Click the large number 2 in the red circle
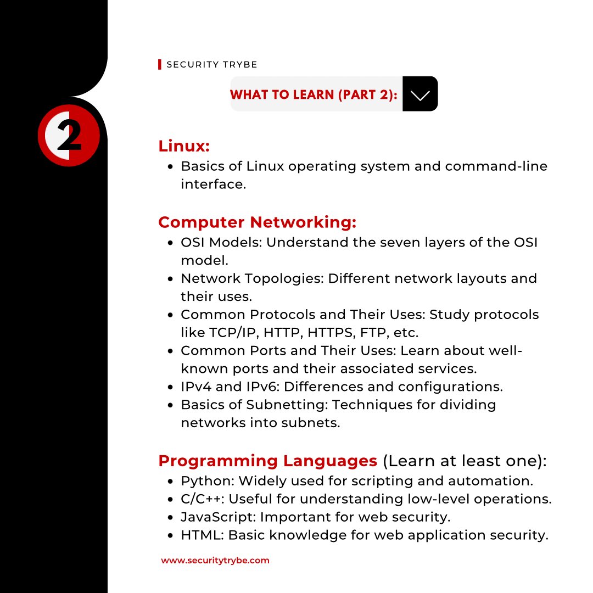[69, 136]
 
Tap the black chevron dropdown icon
[420, 94]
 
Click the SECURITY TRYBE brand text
[211, 65]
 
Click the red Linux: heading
[184, 147]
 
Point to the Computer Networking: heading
[257, 222]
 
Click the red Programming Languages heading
[267, 461]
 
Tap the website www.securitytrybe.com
[215, 561]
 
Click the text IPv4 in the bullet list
[196, 387]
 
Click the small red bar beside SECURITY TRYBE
[160, 65]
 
